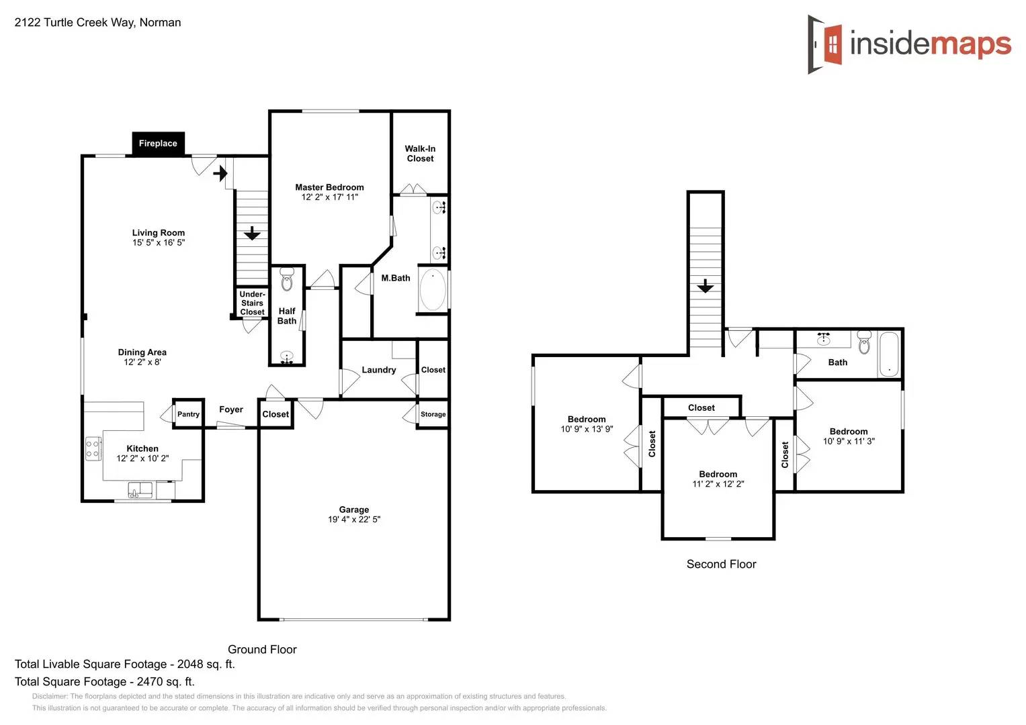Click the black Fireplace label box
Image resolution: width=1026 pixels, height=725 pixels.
click(158, 143)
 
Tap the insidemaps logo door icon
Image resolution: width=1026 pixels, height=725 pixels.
click(826, 44)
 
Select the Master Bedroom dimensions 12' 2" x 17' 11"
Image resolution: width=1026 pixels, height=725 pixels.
click(329, 197)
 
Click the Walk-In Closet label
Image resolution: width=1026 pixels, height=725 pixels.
click(420, 154)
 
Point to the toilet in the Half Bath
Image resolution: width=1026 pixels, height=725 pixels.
click(287, 280)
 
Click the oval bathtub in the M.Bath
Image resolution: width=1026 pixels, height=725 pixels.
click(433, 290)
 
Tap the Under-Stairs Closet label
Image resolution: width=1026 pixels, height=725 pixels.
click(252, 303)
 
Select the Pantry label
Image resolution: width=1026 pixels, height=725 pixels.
click(188, 414)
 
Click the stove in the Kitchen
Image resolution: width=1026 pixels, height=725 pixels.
click(93, 448)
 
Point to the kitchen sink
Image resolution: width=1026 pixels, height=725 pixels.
click(140, 490)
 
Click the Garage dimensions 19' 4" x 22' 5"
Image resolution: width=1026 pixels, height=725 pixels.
click(354, 520)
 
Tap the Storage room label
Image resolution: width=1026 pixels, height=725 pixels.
click(433, 414)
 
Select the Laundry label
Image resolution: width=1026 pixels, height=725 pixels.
click(379, 370)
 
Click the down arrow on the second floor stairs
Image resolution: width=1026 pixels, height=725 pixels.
click(705, 287)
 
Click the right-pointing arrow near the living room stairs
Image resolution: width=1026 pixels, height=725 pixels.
click(220, 174)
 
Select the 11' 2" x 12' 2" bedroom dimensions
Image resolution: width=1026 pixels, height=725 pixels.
click(718, 484)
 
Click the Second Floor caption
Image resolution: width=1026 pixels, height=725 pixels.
click(721, 565)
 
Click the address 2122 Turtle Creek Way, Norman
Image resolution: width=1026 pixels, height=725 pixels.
click(97, 22)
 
